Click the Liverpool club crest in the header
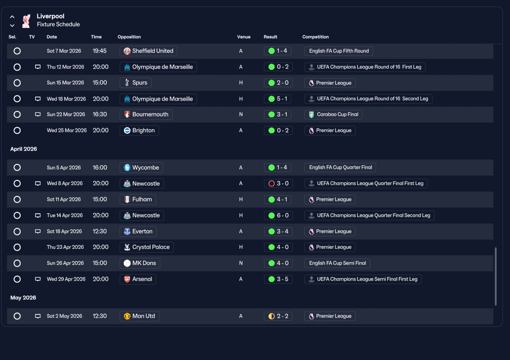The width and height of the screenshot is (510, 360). click(x=26, y=21)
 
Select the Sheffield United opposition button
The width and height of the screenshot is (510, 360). click(x=148, y=51)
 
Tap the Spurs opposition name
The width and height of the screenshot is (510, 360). click(x=139, y=83)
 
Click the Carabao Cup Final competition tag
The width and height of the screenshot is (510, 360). click(x=333, y=114)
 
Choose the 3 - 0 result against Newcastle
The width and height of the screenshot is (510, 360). click(x=278, y=183)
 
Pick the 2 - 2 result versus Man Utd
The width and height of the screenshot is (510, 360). click(x=278, y=316)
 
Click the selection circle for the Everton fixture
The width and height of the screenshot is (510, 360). click(x=17, y=232)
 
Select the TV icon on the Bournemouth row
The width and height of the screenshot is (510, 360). click(x=38, y=114)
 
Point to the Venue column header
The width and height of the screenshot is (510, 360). click(x=243, y=37)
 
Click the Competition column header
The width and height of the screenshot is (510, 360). click(x=315, y=37)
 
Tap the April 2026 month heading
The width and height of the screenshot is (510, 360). click(x=24, y=149)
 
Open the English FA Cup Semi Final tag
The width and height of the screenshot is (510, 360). click(x=337, y=263)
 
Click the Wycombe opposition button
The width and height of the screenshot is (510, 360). click(x=141, y=167)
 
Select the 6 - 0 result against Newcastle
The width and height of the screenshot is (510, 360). click(x=278, y=215)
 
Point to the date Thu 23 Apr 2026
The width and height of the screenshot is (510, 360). click(x=65, y=247)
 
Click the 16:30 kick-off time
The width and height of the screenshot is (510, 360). click(x=100, y=114)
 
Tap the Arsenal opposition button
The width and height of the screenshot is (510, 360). click(x=138, y=279)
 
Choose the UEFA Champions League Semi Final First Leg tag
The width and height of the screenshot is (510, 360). click(x=363, y=279)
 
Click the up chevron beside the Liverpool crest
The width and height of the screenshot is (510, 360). click(x=12, y=17)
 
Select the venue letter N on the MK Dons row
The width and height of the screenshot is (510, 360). click(x=241, y=263)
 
